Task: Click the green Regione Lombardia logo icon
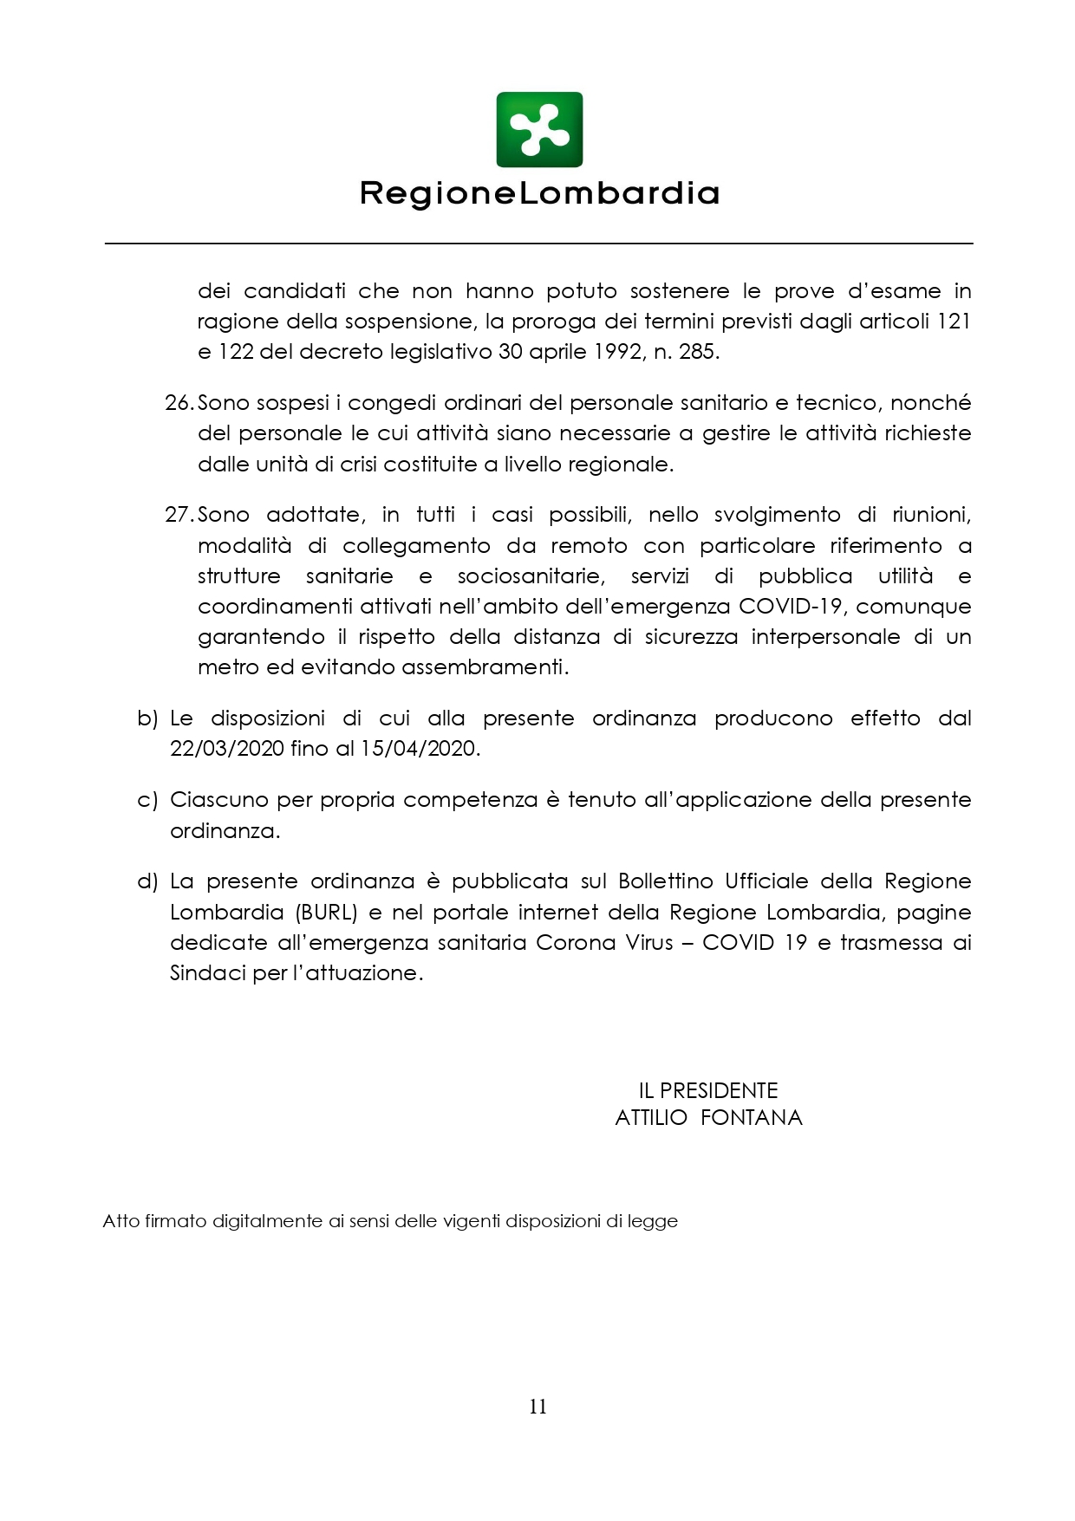point(538,129)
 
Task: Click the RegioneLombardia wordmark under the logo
point(539,193)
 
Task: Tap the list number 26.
point(179,403)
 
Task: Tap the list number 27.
point(179,515)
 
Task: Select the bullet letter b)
point(147,718)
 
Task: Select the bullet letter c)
point(147,800)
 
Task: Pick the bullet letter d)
point(147,881)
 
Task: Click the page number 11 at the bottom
point(537,1407)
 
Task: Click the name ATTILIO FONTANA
point(708,1118)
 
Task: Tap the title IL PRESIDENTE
point(708,1090)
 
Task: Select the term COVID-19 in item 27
point(790,607)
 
